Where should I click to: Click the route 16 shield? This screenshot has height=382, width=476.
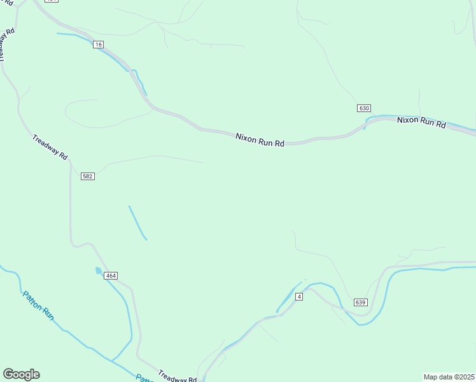97,44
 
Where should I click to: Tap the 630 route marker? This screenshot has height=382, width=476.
363,108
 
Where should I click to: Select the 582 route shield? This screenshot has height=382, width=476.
88,176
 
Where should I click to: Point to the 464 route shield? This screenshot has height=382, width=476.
111,276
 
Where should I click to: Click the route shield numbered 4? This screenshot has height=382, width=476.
298,297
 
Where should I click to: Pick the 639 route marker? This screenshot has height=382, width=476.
361,302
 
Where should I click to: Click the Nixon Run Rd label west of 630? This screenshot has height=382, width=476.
260,139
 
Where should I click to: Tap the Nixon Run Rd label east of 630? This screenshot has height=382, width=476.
421,122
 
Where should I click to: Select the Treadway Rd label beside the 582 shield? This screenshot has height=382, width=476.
50,147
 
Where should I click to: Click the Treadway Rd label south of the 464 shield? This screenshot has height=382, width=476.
177,376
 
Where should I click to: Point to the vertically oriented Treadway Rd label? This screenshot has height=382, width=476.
6,44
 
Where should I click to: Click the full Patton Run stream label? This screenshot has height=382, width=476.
39,305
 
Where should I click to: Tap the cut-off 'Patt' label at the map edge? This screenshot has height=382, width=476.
144,378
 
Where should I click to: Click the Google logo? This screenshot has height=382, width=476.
21,374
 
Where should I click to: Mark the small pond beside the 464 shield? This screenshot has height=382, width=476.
99,271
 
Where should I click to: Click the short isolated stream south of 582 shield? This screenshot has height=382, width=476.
137,222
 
